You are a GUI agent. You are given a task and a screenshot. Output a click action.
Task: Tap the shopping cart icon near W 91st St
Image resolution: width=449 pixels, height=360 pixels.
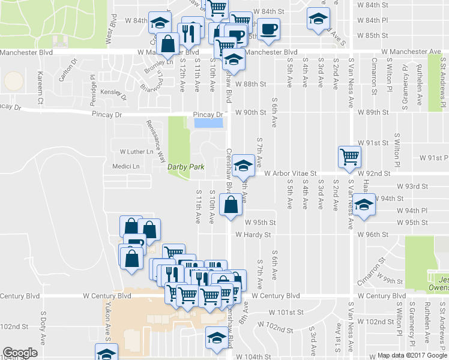click(349, 157)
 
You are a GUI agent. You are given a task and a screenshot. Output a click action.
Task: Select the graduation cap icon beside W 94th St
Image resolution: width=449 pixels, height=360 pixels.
click(363, 204)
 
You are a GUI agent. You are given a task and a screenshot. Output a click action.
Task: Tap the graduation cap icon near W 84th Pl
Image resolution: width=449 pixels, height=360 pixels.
click(318, 18)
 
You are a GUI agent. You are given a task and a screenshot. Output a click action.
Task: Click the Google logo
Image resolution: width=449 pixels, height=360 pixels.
click(20, 353)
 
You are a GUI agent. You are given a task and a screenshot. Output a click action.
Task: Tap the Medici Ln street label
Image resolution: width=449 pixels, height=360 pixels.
click(125, 166)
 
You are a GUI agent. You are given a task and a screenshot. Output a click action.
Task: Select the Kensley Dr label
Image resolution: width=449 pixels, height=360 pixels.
click(114, 94)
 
